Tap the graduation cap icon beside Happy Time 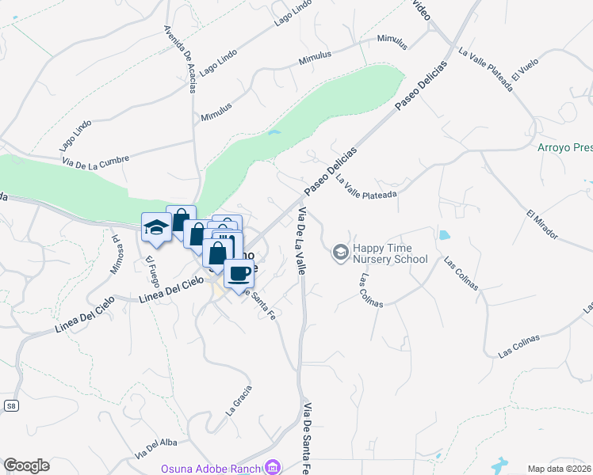pos(341,253)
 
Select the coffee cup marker pos(239,274)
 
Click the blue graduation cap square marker pos(156,228)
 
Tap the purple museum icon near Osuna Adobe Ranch pos(274,467)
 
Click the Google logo pos(26,465)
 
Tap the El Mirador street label pos(542,224)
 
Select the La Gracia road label pos(239,401)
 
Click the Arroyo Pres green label pos(564,147)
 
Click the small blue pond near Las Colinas pos(443,235)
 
